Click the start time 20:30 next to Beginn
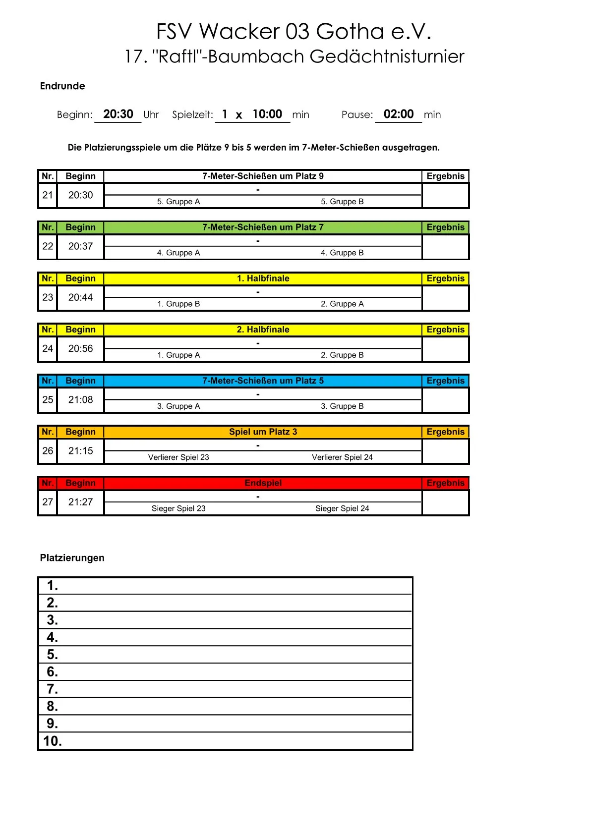[118, 114]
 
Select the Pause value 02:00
[398, 114]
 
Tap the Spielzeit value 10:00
[267, 114]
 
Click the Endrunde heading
[62, 86]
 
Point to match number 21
[48, 195]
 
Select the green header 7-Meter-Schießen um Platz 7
[263, 227]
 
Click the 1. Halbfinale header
[263, 278]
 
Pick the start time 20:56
[80, 349]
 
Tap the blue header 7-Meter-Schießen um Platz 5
[263, 381]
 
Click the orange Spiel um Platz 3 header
[263, 432]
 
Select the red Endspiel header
[263, 483]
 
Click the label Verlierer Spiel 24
[342, 457]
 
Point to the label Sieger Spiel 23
[178, 508]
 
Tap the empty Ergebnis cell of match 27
[445, 502]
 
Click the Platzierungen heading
[72, 558]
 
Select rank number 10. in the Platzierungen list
[53, 741]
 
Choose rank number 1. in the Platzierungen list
[53, 586]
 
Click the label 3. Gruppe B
[342, 406]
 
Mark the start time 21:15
[80, 451]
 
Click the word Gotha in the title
[350, 32]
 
